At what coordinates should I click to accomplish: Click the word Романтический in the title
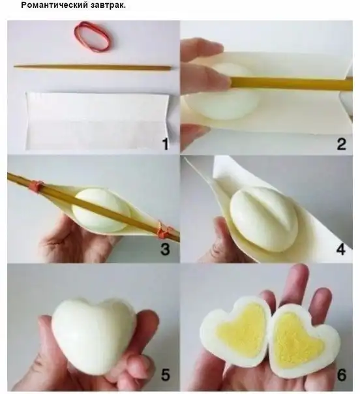pyautogui.click(x=52, y=5)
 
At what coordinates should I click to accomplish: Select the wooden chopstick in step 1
pyautogui.click(x=93, y=67)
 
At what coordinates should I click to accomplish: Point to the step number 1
pyautogui.click(x=165, y=144)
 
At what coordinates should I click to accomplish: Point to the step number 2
pyautogui.click(x=341, y=144)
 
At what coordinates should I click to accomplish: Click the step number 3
pyautogui.click(x=165, y=249)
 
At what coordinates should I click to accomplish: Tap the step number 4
pyautogui.click(x=340, y=249)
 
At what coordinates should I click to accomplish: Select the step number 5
pyautogui.click(x=165, y=374)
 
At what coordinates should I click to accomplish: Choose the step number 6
pyautogui.click(x=341, y=374)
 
